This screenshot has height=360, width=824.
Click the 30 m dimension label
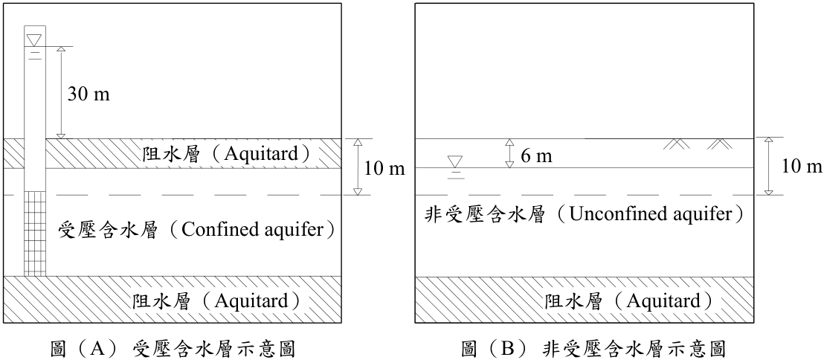[x=88, y=94]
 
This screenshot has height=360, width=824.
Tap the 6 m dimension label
[x=536, y=155]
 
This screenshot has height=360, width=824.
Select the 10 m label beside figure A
[x=384, y=169]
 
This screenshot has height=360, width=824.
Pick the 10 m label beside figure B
[x=802, y=167]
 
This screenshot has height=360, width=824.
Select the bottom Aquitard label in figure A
[x=252, y=301]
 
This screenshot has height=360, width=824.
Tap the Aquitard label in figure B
[x=665, y=301]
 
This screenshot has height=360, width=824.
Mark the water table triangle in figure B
[x=455, y=161]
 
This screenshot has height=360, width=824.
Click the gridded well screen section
[x=35, y=234]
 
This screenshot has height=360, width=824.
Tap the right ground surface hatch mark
[x=720, y=144]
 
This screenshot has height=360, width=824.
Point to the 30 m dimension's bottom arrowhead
[x=61, y=136]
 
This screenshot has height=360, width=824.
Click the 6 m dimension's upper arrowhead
[x=509, y=142]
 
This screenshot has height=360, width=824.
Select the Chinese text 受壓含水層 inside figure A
[x=109, y=230]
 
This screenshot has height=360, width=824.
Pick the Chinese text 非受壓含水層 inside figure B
[x=483, y=214]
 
